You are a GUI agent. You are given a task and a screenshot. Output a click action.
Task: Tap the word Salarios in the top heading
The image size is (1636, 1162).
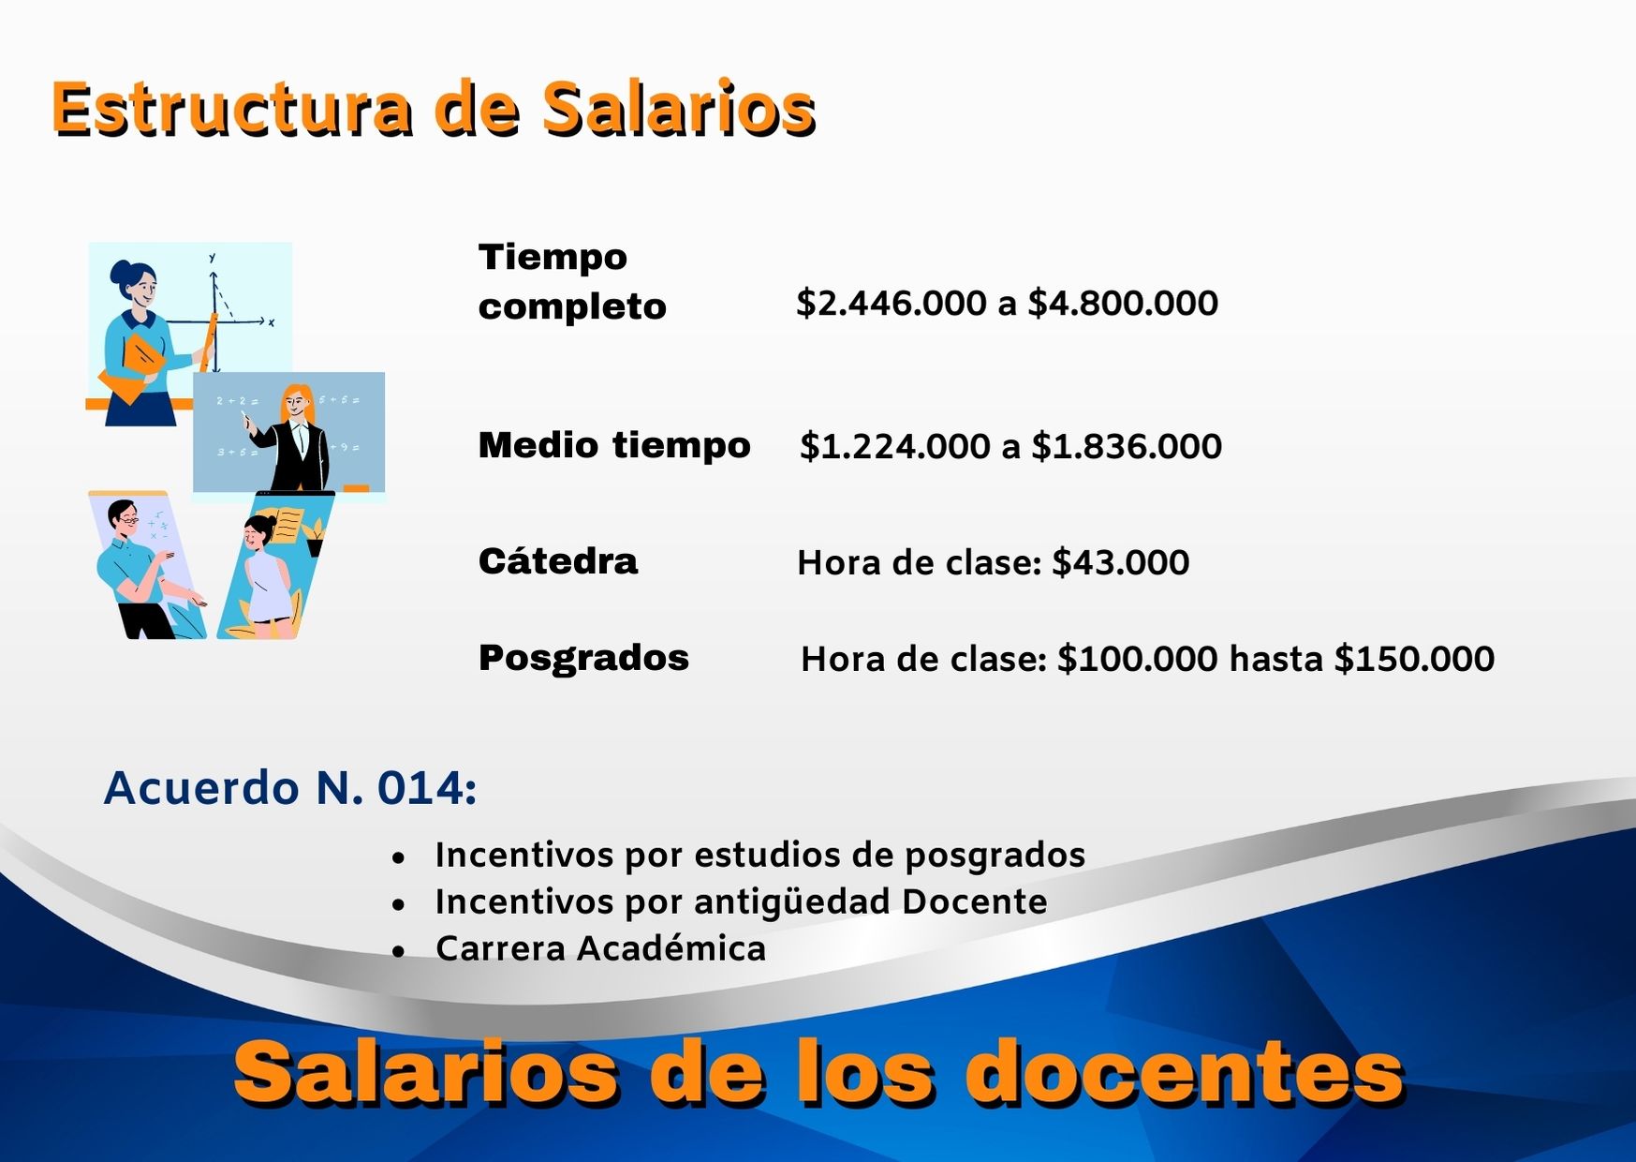pyautogui.click(x=679, y=109)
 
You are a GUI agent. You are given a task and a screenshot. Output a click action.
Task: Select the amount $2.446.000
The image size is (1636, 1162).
pyautogui.click(x=891, y=303)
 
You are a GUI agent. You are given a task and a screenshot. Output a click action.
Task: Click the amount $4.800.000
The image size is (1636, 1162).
pyautogui.click(x=1123, y=303)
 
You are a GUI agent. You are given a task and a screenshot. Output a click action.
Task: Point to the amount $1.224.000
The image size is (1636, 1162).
pyautogui.click(x=894, y=446)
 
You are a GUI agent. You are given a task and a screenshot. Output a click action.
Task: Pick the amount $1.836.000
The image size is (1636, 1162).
pyautogui.click(x=1127, y=446)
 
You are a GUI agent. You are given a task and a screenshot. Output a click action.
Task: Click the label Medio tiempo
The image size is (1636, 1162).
pyautogui.click(x=614, y=445)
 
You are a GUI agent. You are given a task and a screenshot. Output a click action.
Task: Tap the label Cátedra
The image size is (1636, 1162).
pyautogui.click(x=558, y=561)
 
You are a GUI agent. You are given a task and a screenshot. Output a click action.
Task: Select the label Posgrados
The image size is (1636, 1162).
pyautogui.click(x=583, y=658)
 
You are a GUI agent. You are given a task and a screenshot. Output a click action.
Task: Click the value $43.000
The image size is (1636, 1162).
pyautogui.click(x=1121, y=562)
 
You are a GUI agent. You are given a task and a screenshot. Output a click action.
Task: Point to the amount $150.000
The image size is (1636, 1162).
pyautogui.click(x=1414, y=659)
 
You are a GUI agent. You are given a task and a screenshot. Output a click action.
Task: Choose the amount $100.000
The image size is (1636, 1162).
pyautogui.click(x=1137, y=659)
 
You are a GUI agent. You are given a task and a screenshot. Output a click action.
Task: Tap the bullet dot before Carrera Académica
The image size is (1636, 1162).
pyautogui.click(x=400, y=951)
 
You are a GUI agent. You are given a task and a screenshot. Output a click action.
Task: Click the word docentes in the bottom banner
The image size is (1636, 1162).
pyautogui.click(x=1184, y=1073)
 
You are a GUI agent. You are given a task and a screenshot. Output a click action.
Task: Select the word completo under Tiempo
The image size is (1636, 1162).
pyautogui.click(x=572, y=306)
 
